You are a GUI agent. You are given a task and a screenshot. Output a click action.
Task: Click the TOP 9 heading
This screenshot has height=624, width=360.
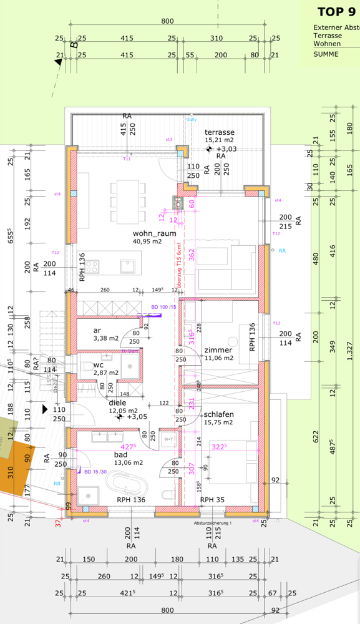(x=336, y=11)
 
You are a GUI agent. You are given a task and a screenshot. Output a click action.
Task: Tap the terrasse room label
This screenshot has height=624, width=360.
(x=220, y=132)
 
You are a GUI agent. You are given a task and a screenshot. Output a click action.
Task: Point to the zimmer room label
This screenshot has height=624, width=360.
(x=218, y=350)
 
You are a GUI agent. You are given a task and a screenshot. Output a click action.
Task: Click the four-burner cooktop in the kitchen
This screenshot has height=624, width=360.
(x=92, y=266)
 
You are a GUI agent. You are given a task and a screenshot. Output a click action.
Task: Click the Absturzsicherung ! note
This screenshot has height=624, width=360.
(x=212, y=523)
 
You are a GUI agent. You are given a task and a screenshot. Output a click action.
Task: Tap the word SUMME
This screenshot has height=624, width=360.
(x=326, y=54)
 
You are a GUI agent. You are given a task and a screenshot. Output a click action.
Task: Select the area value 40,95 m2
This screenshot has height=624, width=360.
(x=147, y=241)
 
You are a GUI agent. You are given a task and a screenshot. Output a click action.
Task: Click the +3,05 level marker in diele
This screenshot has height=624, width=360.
(x=138, y=416)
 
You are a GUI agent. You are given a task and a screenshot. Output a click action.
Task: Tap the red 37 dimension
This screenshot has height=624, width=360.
(x=59, y=523)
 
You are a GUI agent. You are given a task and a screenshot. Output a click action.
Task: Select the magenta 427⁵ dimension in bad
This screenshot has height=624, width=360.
(x=128, y=447)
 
